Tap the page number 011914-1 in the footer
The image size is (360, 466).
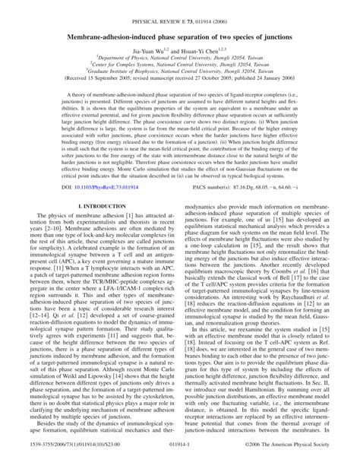pos(180,458)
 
